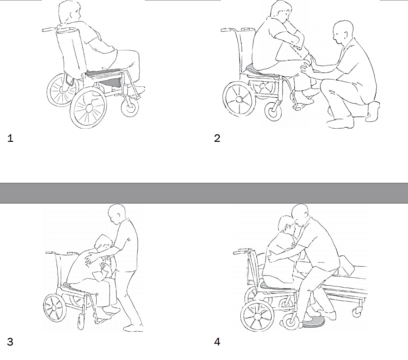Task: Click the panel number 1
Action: point(10,138)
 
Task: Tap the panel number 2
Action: point(217,138)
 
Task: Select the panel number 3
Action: point(10,341)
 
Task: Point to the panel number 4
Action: point(217,341)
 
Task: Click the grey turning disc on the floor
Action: point(313,324)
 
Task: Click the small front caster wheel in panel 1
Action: point(130,107)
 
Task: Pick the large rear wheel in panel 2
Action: point(239,99)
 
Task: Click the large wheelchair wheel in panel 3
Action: point(54,308)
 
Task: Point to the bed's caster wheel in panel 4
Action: point(357,311)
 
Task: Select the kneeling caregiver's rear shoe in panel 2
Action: point(373,111)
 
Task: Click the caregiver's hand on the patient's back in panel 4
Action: point(271,256)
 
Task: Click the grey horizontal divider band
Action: point(204,193)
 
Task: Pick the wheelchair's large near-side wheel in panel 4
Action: point(257,316)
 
